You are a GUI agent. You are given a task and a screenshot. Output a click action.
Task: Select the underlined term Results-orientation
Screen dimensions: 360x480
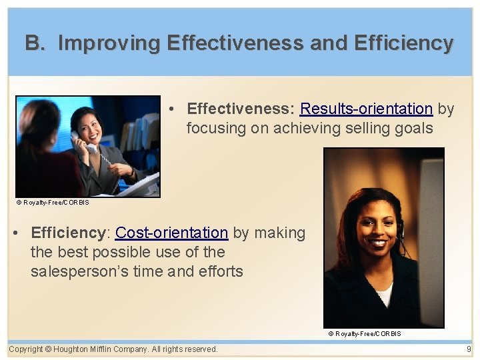(x=366, y=109)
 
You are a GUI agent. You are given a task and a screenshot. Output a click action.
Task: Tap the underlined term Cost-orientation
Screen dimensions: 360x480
(x=171, y=233)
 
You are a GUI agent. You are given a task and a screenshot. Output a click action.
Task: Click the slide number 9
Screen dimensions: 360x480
(x=469, y=349)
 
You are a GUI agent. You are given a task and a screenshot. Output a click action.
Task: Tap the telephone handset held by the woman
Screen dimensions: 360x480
(x=83, y=142)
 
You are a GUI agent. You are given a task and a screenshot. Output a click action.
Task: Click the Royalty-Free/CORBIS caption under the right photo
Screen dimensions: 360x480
(x=365, y=333)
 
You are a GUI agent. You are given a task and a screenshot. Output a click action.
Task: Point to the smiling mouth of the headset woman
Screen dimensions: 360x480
(x=378, y=243)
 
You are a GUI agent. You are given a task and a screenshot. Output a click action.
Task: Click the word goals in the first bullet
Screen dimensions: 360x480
(x=413, y=128)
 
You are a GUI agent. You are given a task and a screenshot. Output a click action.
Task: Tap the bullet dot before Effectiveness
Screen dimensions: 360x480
(x=172, y=109)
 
